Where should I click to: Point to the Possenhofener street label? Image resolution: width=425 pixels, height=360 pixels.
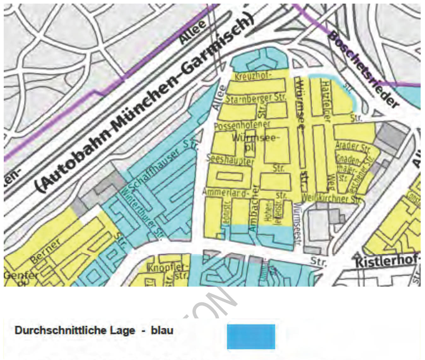pyautogui.click(x=242, y=125)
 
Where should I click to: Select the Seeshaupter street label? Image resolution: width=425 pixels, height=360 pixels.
pyautogui.click(x=230, y=160)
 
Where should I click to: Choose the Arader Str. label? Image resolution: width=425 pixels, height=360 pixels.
pyautogui.click(x=352, y=146)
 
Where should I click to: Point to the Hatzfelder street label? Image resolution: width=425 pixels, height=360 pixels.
pyautogui.click(x=326, y=100)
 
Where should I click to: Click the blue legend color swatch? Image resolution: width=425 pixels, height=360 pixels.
pyautogui.click(x=251, y=336)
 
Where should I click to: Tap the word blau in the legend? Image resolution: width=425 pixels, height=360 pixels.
pyautogui.click(x=162, y=330)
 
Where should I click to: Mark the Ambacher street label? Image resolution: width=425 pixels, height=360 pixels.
pyautogui.click(x=254, y=208)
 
